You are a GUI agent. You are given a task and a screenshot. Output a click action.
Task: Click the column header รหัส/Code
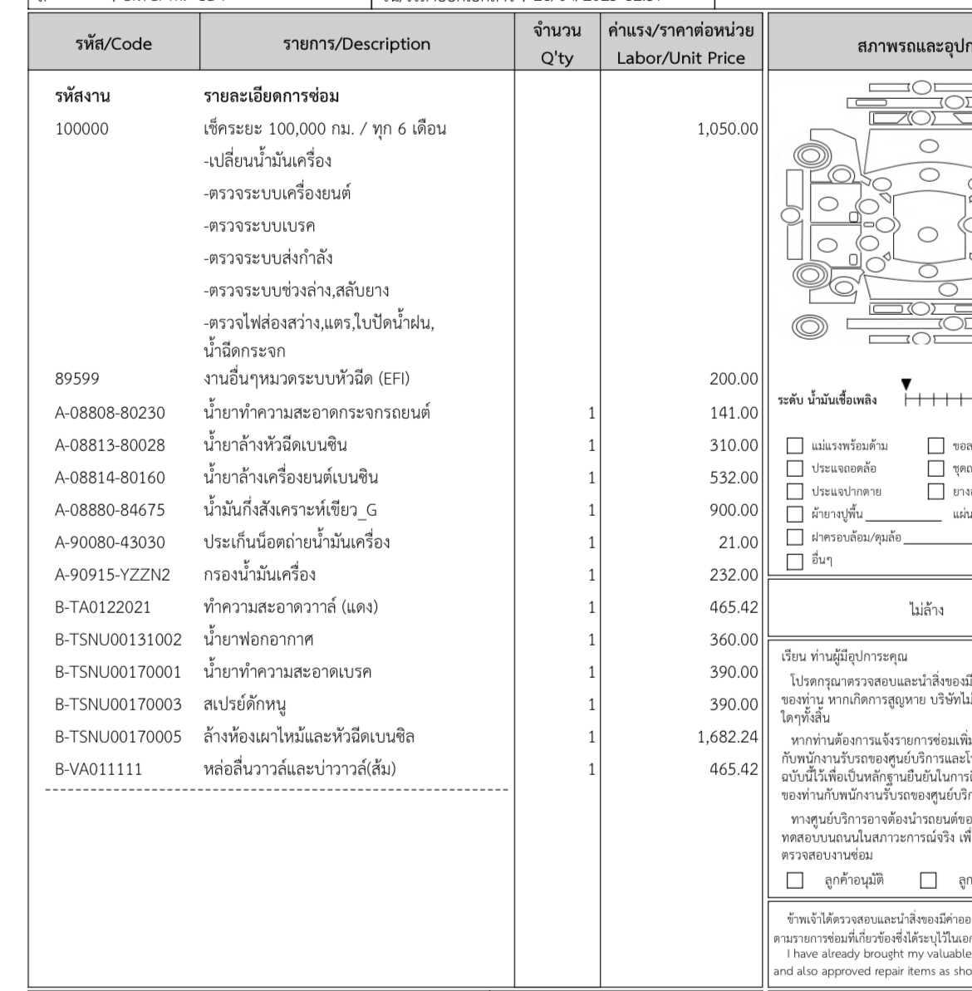[103, 44]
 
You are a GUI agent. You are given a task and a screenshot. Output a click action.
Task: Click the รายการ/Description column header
[359, 44]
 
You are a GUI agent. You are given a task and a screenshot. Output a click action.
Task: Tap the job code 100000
[81, 130]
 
